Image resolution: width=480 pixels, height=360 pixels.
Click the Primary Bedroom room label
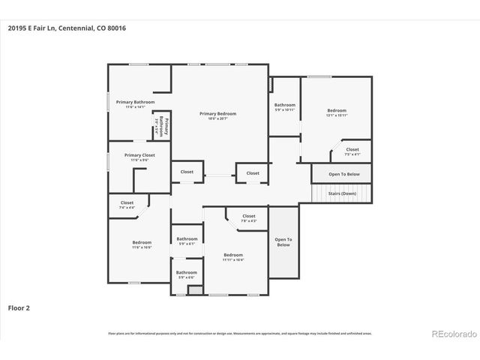click(217, 113)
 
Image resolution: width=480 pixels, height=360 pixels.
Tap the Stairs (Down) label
click(342, 193)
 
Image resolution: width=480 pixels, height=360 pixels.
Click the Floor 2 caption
click(19, 307)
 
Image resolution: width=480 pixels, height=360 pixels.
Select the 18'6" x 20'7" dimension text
click(217, 118)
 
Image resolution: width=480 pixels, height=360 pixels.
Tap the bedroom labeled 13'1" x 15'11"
click(337, 112)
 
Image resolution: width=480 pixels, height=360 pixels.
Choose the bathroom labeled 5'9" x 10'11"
click(285, 107)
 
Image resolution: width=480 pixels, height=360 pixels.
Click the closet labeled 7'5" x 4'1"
click(352, 151)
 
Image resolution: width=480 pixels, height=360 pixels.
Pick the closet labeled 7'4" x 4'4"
click(127, 205)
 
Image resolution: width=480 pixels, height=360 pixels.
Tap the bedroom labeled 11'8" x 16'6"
click(142, 244)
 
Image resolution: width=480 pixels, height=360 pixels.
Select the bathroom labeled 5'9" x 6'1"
click(186, 241)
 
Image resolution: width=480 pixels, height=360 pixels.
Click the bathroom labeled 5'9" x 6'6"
click(186, 274)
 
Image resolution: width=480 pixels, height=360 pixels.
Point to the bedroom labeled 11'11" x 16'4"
click(233, 257)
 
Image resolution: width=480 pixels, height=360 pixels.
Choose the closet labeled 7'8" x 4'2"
click(248, 218)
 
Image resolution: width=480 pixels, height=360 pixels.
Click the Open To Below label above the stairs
click(344, 174)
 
